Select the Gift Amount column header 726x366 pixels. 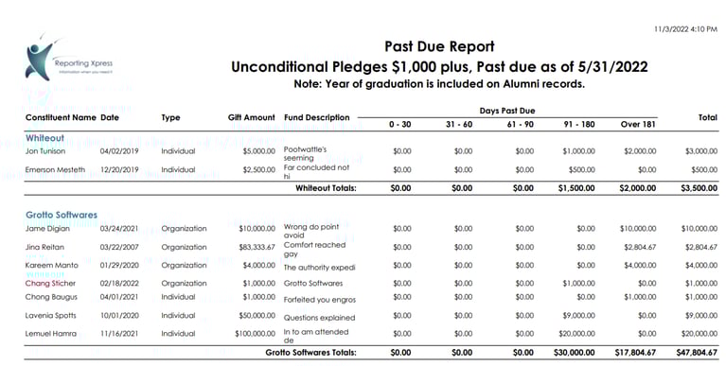(x=251, y=118)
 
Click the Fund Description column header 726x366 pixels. (x=317, y=118)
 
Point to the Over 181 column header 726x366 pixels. (x=639, y=124)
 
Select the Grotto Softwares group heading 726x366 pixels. (x=62, y=215)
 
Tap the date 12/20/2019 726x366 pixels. (x=120, y=169)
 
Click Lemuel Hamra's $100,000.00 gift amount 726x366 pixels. (x=249, y=333)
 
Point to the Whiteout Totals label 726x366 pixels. (x=326, y=188)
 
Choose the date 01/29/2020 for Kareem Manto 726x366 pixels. (x=120, y=266)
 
